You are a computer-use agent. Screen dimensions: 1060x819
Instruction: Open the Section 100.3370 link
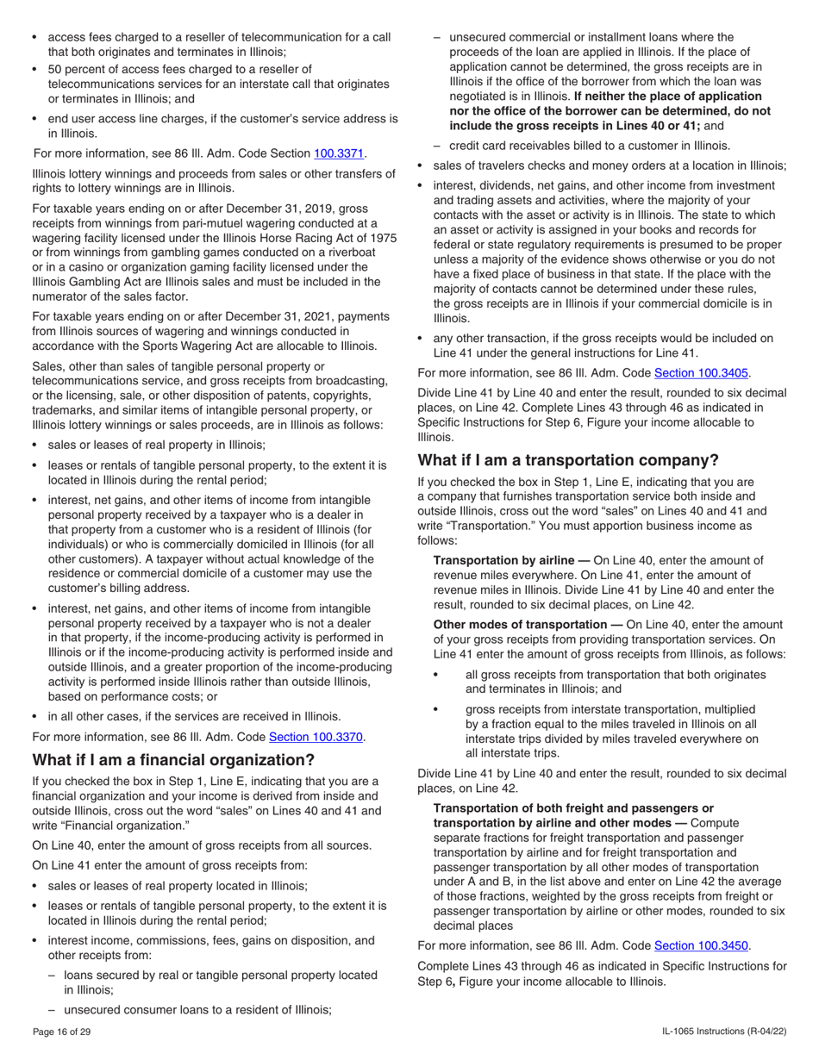[x=316, y=737]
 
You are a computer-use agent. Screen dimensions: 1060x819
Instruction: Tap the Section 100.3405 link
[x=702, y=373]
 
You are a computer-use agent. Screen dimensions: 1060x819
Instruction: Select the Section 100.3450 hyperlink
[x=701, y=945]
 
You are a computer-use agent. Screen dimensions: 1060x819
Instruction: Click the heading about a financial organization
[x=173, y=760]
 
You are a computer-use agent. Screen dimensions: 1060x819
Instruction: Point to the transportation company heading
[x=567, y=460]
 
